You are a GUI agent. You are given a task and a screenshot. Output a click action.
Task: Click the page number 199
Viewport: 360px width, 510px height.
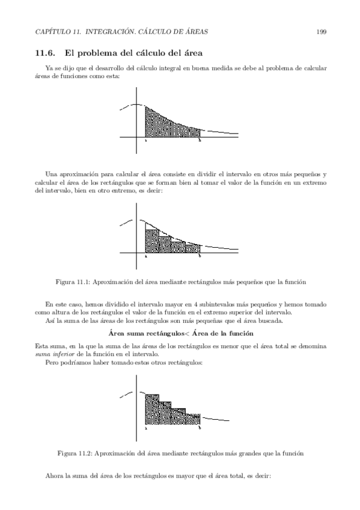(x=321, y=31)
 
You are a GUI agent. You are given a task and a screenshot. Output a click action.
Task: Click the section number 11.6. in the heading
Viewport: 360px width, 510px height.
(x=46, y=54)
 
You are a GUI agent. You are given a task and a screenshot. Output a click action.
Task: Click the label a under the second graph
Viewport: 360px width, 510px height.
(x=146, y=256)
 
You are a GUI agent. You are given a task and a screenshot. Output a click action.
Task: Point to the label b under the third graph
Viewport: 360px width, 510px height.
(x=200, y=428)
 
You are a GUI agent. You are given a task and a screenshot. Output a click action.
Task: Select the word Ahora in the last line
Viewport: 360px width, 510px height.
(x=55, y=476)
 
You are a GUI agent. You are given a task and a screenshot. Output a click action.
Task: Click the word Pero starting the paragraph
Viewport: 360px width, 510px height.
(x=52, y=363)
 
